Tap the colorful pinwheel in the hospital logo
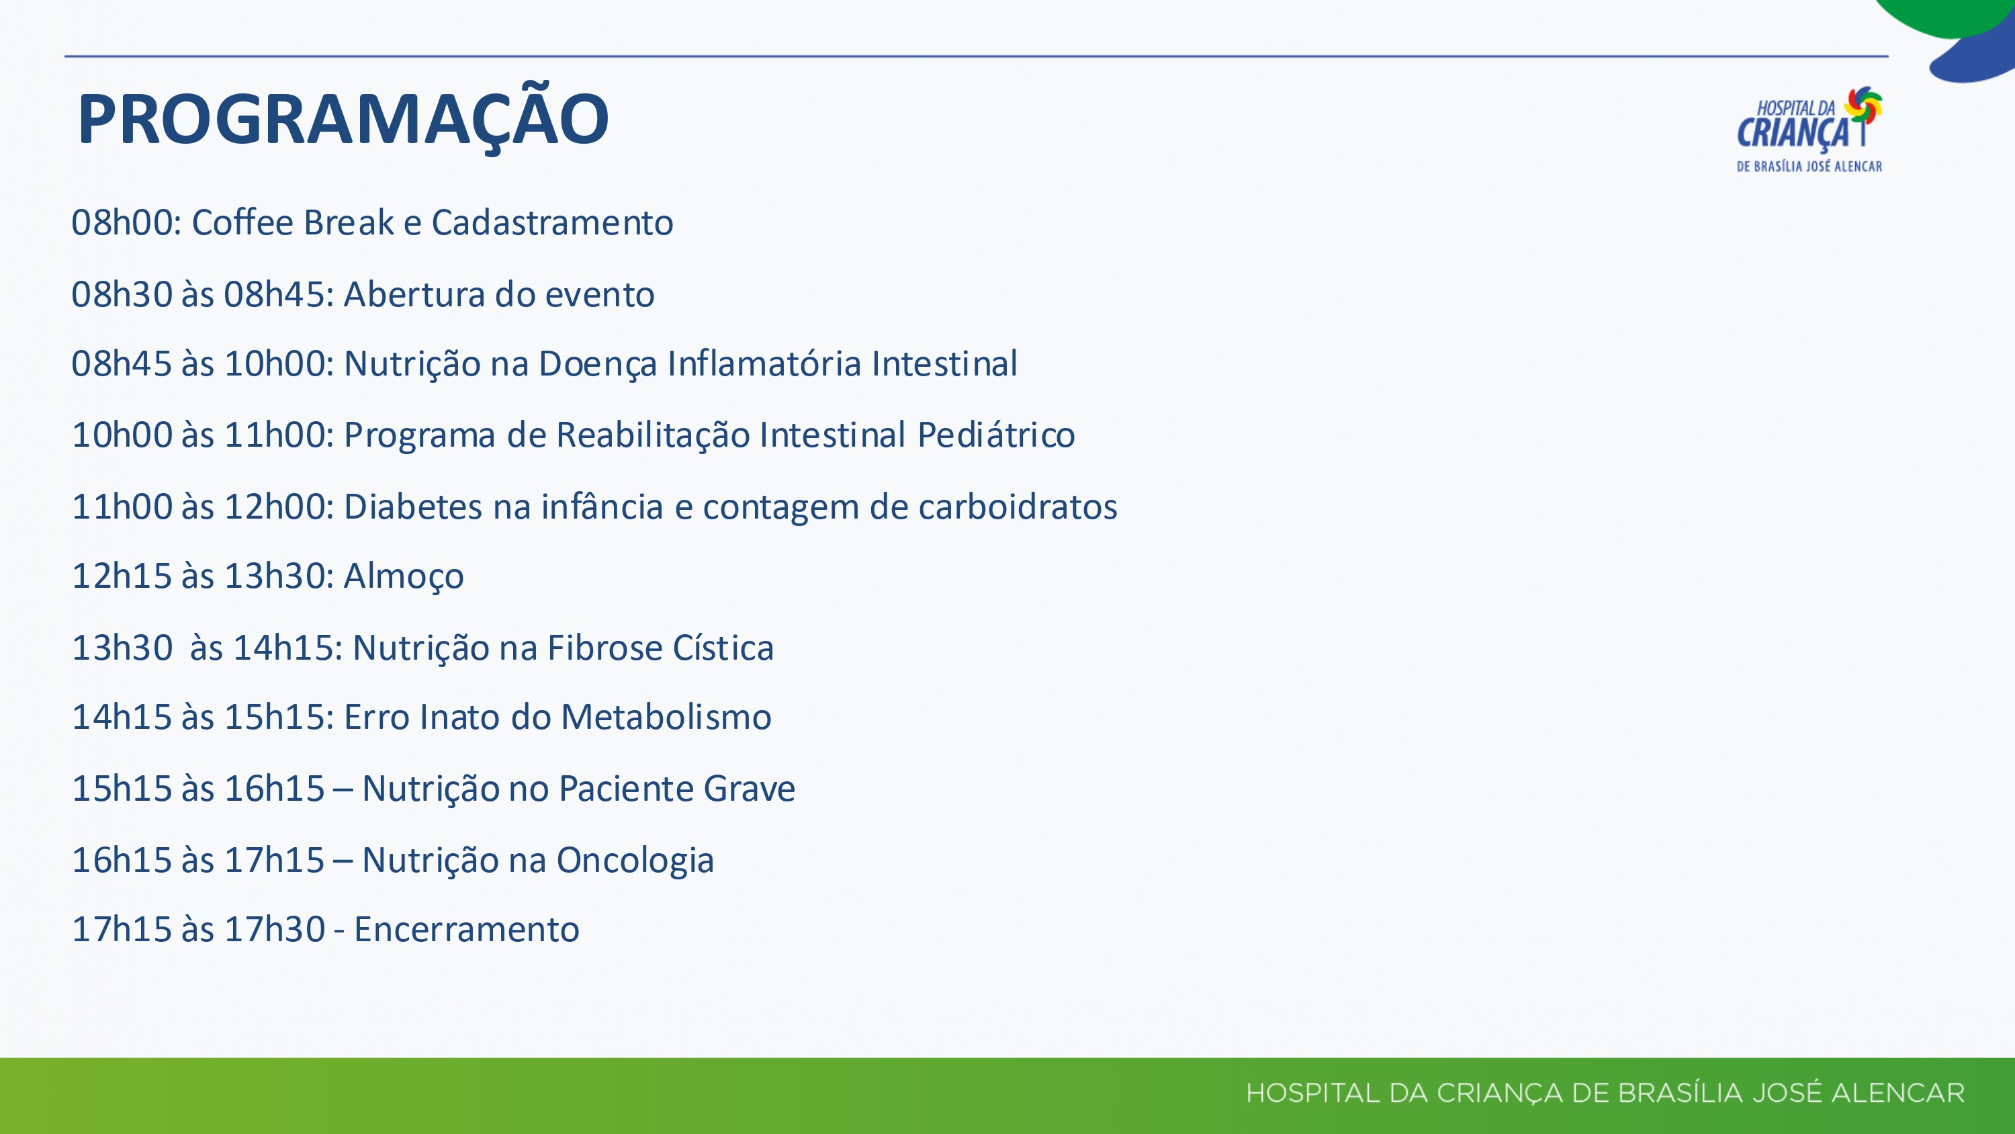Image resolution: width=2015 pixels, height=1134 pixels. coord(1863,107)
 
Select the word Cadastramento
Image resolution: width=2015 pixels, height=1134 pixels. coord(552,222)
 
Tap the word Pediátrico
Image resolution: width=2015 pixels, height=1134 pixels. coord(997,435)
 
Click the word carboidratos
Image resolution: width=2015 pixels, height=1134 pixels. coord(1018,507)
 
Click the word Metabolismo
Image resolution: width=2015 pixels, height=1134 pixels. coord(666,717)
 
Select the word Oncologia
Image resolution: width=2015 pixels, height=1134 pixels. coord(635,861)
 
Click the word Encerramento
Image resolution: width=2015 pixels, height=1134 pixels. coord(467,930)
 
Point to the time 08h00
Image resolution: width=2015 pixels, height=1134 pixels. coord(126,222)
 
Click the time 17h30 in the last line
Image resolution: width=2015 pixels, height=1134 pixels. coord(275,930)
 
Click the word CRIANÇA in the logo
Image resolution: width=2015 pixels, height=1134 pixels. coord(1793,132)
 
